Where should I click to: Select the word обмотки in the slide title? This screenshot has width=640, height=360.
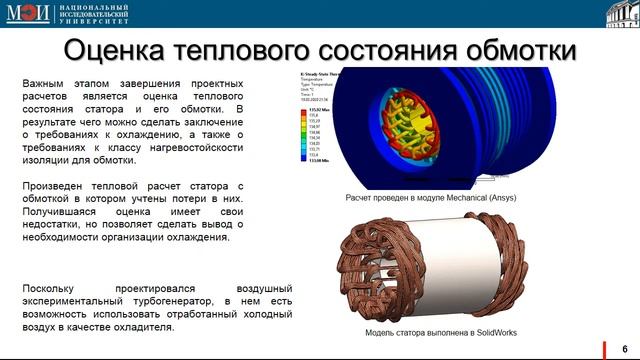click(x=513, y=51)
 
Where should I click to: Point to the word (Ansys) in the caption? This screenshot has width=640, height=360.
click(x=502, y=200)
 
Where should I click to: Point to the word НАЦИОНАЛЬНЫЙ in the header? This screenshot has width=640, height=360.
click(x=82, y=7)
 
